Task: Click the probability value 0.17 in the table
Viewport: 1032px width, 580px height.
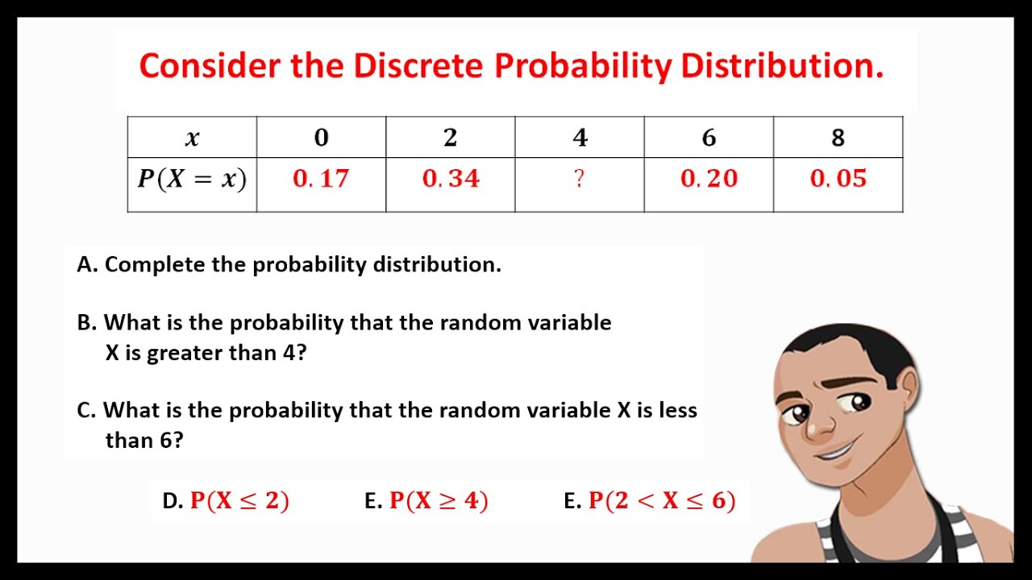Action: click(321, 179)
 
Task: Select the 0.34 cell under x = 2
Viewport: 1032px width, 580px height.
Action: click(451, 179)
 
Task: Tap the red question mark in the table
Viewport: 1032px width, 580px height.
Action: click(579, 179)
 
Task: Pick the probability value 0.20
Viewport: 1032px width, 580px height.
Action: click(709, 179)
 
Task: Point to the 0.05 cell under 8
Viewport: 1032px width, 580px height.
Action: click(838, 179)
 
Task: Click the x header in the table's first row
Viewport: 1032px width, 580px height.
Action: click(192, 139)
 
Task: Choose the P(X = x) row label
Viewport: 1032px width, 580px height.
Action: click(192, 179)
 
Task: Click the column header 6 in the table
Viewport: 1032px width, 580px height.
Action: click(709, 139)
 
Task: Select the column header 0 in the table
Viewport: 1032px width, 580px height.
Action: click(321, 139)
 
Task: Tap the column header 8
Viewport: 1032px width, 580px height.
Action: click(838, 139)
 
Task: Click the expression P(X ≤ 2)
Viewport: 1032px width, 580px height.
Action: click(239, 501)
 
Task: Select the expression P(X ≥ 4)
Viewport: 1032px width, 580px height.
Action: click(439, 501)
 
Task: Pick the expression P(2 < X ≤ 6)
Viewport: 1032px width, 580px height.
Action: click(661, 501)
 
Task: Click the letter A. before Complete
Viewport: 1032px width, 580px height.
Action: click(86, 265)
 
